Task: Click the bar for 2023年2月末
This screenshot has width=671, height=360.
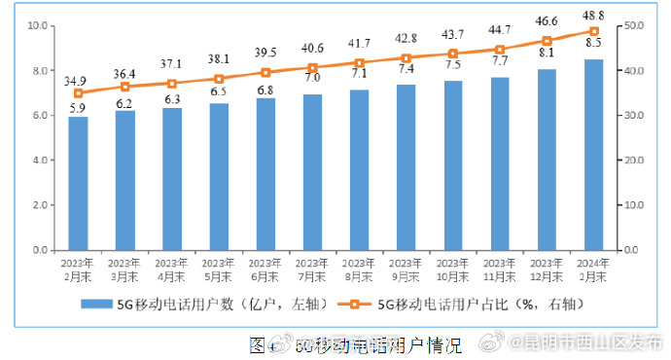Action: pyautogui.click(x=78, y=184)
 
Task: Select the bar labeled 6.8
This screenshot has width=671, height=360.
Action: pyautogui.click(x=265, y=174)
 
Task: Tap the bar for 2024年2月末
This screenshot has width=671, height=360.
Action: pyautogui.click(x=593, y=156)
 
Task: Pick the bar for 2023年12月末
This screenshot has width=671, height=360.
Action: pyautogui.click(x=547, y=160)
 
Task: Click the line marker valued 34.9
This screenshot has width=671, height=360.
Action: pyautogui.click(x=78, y=92)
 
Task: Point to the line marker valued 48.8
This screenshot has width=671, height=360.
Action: pyautogui.click(x=593, y=31)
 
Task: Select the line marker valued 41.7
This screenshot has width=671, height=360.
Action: pyautogui.click(x=360, y=62)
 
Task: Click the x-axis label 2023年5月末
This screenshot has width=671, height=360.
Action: pyautogui.click(x=219, y=270)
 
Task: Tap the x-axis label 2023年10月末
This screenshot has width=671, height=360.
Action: pyautogui.click(x=453, y=270)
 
